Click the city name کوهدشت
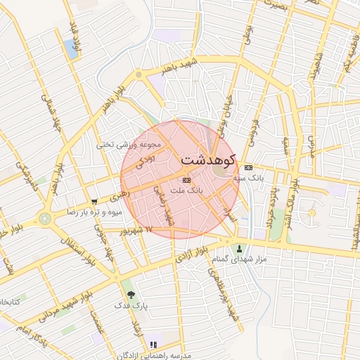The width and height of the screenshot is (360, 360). coord(210,160)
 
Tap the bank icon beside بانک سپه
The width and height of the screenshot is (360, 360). coord(248,167)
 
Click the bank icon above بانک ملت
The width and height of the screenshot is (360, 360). coord(186,180)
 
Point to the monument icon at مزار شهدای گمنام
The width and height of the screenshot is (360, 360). coord(239,247)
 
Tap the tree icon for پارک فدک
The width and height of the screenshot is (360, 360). coord(130,295)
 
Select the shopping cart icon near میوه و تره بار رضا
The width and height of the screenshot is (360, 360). coord(94,201)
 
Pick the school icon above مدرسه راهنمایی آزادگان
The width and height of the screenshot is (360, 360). coord(153,345)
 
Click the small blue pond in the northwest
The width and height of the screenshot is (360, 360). coord(70,48)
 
